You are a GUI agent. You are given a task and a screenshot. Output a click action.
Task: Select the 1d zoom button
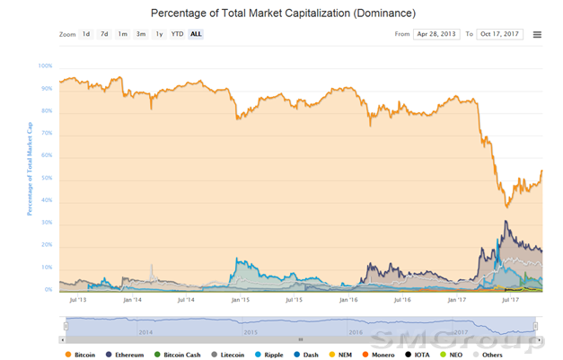pyautogui.click(x=86, y=34)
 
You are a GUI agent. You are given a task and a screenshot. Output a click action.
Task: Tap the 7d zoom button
pyautogui.click(x=104, y=34)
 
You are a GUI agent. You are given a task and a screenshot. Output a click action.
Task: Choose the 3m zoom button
pyautogui.click(x=140, y=34)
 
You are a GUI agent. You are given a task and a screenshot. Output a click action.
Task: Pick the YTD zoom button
pyautogui.click(x=177, y=34)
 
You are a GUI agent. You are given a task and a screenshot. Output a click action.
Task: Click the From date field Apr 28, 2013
pyautogui.click(x=436, y=34)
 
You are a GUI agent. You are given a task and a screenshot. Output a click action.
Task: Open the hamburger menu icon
pyautogui.click(x=537, y=34)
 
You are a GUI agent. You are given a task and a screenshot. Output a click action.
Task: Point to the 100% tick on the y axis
pyautogui.click(x=45, y=66)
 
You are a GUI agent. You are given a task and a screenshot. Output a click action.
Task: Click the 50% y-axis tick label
pyautogui.click(x=47, y=178)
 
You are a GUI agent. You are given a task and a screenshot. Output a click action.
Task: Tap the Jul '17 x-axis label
pyautogui.click(x=511, y=301)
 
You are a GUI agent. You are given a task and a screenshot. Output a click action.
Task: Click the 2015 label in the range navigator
pyautogui.click(x=250, y=331)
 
